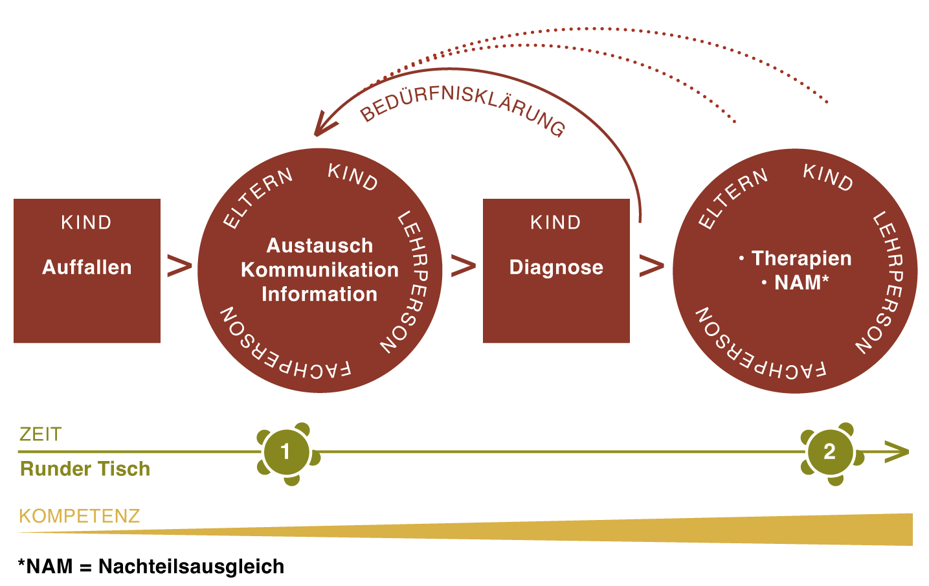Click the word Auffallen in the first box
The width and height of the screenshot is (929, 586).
[87, 267]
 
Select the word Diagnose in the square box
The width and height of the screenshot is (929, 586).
[556, 267]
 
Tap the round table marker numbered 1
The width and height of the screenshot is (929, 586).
[285, 451]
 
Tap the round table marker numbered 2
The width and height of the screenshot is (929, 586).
[829, 451]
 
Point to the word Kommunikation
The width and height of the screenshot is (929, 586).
[320, 270]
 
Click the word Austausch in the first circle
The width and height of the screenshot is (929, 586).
[320, 246]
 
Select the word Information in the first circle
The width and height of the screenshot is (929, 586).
[319, 295]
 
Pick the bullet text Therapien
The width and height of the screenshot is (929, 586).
[801, 258]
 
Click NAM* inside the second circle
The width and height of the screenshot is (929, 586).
[801, 283]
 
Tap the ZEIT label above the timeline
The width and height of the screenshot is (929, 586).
[40, 434]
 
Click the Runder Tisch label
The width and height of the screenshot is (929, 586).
[85, 469]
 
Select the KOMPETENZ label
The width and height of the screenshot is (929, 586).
[80, 516]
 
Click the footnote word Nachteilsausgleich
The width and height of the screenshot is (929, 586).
[191, 567]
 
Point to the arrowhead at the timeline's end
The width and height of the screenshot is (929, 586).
[898, 452]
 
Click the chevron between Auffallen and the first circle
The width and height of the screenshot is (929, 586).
[179, 266]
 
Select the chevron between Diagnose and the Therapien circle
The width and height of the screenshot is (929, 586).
[651, 265]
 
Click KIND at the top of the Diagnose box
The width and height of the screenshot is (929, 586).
[556, 223]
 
